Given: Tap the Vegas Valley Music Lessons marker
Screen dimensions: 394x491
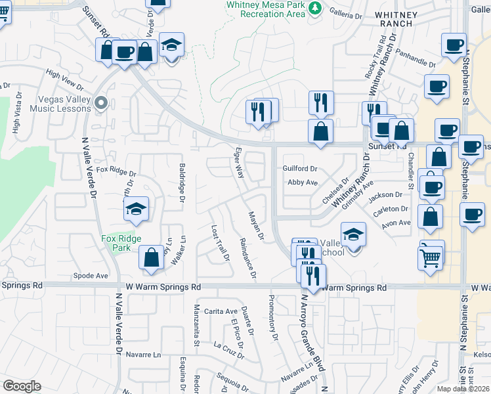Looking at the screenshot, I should click(x=100, y=102).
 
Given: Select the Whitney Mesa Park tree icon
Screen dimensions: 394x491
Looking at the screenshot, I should click(x=316, y=8).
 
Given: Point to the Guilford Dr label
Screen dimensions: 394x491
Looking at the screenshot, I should click(x=300, y=169).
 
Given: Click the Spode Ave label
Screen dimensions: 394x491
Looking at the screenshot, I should click(x=91, y=276).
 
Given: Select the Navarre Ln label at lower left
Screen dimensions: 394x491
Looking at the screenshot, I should click(x=142, y=355).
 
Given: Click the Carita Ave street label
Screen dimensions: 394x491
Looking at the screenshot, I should click(x=220, y=311).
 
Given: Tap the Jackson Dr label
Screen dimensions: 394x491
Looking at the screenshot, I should click(x=385, y=195).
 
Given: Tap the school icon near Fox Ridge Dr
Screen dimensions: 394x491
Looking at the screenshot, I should click(x=136, y=210).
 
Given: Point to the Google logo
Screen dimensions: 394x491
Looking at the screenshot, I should click(x=21, y=386).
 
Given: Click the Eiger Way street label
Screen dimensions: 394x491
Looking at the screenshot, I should click(x=239, y=163).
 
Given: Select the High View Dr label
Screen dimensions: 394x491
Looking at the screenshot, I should click(x=64, y=79).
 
